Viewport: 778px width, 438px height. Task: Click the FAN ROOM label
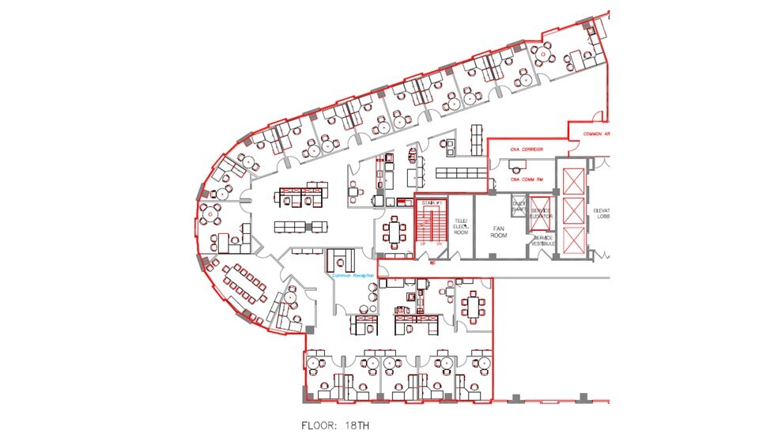498,230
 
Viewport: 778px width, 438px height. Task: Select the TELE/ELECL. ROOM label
461,226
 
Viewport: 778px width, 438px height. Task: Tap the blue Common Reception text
352,276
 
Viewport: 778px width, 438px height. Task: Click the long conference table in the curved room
244,284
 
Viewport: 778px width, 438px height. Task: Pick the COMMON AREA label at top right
596,134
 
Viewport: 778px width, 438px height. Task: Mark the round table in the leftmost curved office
212,212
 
